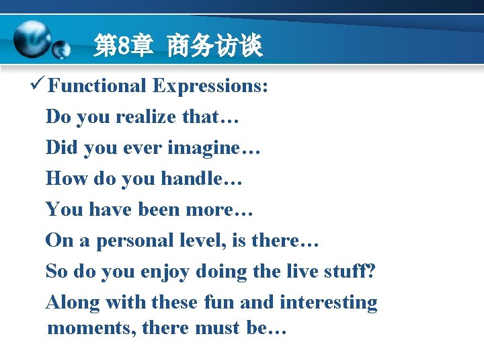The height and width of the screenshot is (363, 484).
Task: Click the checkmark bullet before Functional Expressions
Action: click(37, 85)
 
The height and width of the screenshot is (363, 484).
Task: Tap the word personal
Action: click(138, 241)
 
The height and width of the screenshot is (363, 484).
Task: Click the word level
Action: click(208, 241)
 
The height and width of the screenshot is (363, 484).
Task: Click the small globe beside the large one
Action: click(62, 50)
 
